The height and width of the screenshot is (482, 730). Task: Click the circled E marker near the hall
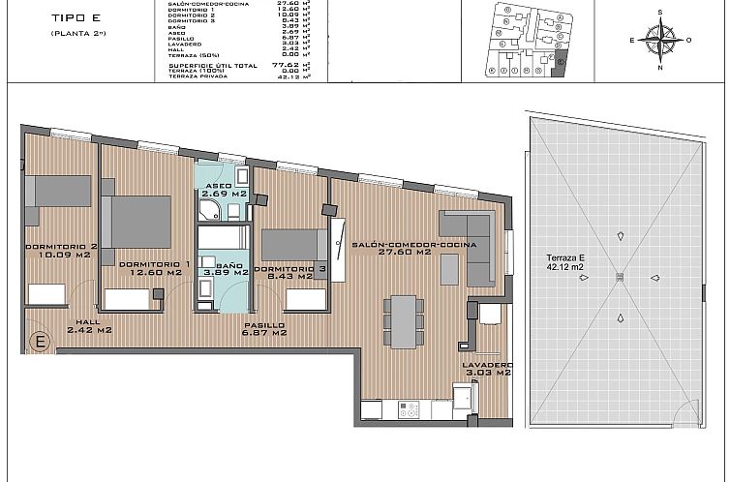tap(41, 341)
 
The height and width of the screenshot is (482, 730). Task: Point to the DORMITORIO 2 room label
tap(61, 251)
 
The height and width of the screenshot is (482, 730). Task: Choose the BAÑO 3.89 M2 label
tap(221, 269)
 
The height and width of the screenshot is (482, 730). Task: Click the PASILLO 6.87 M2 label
tap(263, 329)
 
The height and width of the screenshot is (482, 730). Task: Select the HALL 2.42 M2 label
tap(89, 326)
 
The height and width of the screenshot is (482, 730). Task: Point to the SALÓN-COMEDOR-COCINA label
tap(415, 249)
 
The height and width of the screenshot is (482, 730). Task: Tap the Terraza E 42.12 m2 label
tap(566, 262)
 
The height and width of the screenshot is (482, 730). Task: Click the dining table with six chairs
tap(402, 318)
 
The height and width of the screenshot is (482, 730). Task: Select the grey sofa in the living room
tap(471, 246)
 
